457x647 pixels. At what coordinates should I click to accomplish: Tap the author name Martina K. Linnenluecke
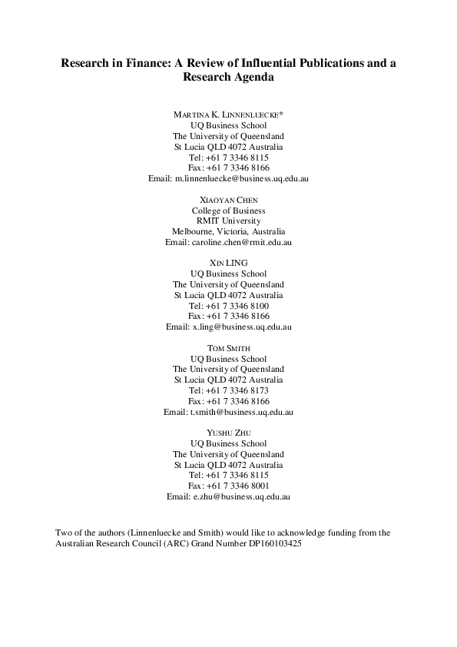click(x=228, y=114)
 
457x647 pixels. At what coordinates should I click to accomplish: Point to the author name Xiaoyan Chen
click(x=228, y=200)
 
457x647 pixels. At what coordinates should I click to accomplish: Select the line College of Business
click(x=228, y=210)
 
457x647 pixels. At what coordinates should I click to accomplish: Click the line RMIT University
click(x=228, y=221)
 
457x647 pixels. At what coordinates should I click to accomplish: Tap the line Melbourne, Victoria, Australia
click(x=228, y=231)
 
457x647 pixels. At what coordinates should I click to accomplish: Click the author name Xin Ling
click(x=228, y=264)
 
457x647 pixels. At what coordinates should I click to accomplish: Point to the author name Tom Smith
click(x=228, y=348)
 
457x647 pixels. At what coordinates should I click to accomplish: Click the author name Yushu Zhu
click(x=228, y=433)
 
